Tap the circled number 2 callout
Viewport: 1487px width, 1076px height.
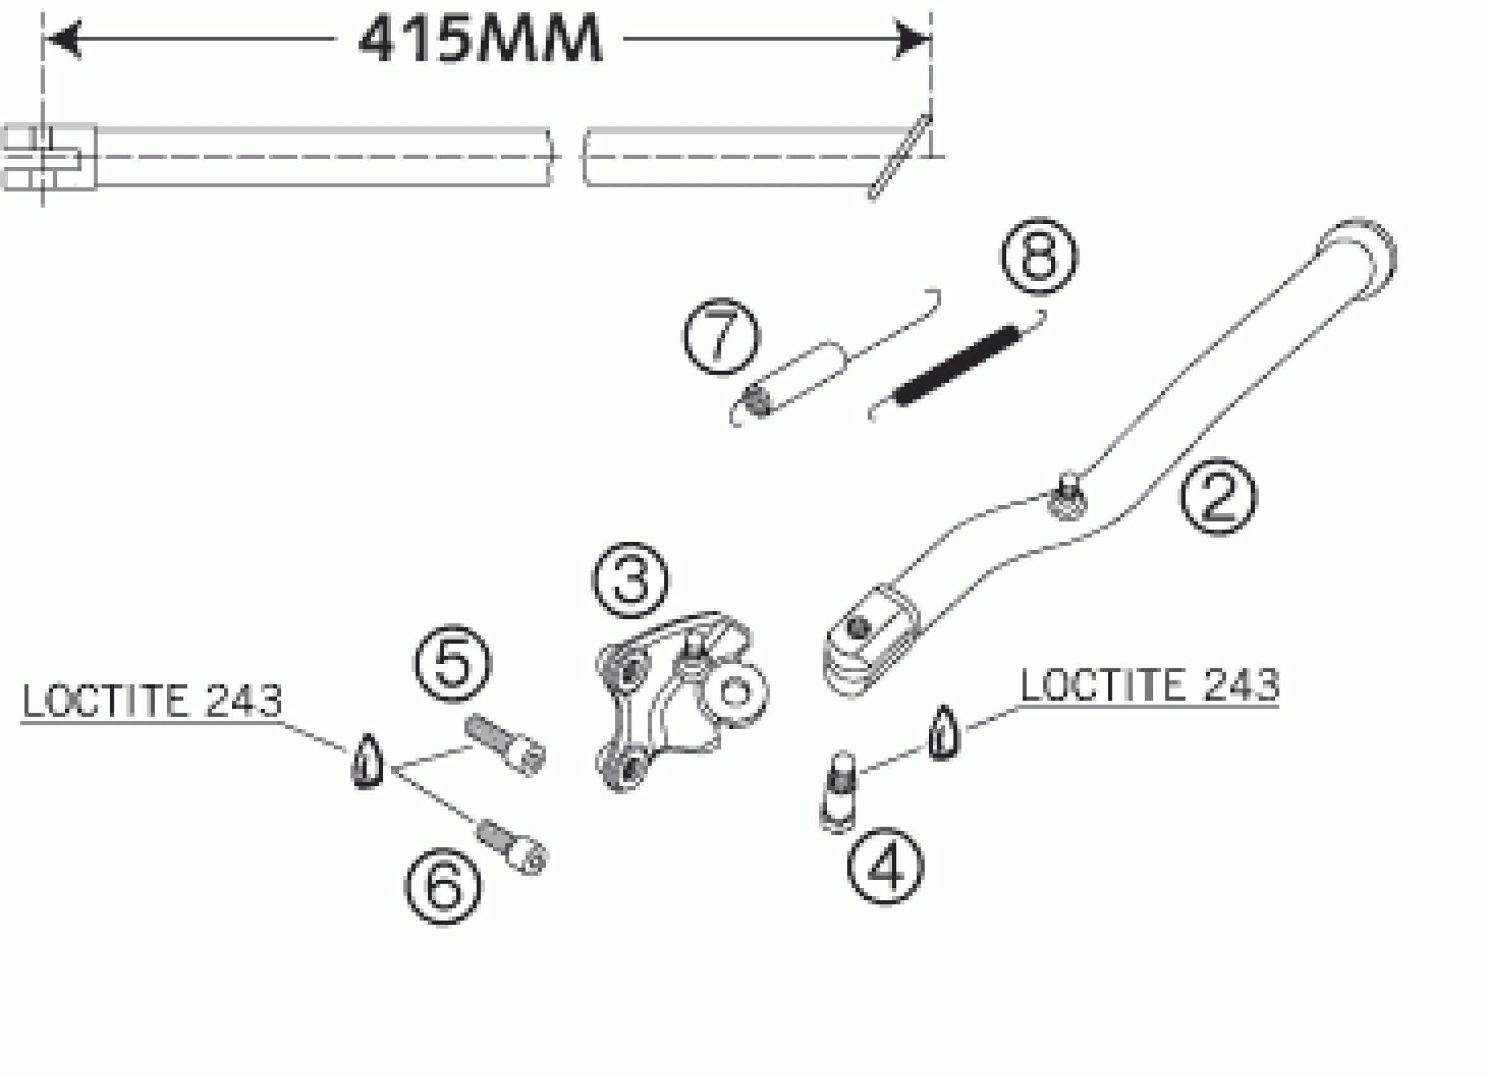(1218, 496)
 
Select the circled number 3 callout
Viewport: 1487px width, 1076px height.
(631, 580)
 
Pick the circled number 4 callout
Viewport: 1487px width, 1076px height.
(885, 867)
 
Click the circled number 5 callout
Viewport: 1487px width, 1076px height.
(452, 663)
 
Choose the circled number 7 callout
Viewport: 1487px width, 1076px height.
(721, 337)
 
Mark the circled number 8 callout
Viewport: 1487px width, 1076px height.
(1039, 256)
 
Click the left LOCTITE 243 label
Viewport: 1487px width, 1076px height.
(152, 701)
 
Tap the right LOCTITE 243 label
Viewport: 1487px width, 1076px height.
(1149, 685)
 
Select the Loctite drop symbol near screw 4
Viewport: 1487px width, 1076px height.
(943, 733)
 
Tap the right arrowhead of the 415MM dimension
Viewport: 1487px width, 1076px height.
(912, 39)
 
